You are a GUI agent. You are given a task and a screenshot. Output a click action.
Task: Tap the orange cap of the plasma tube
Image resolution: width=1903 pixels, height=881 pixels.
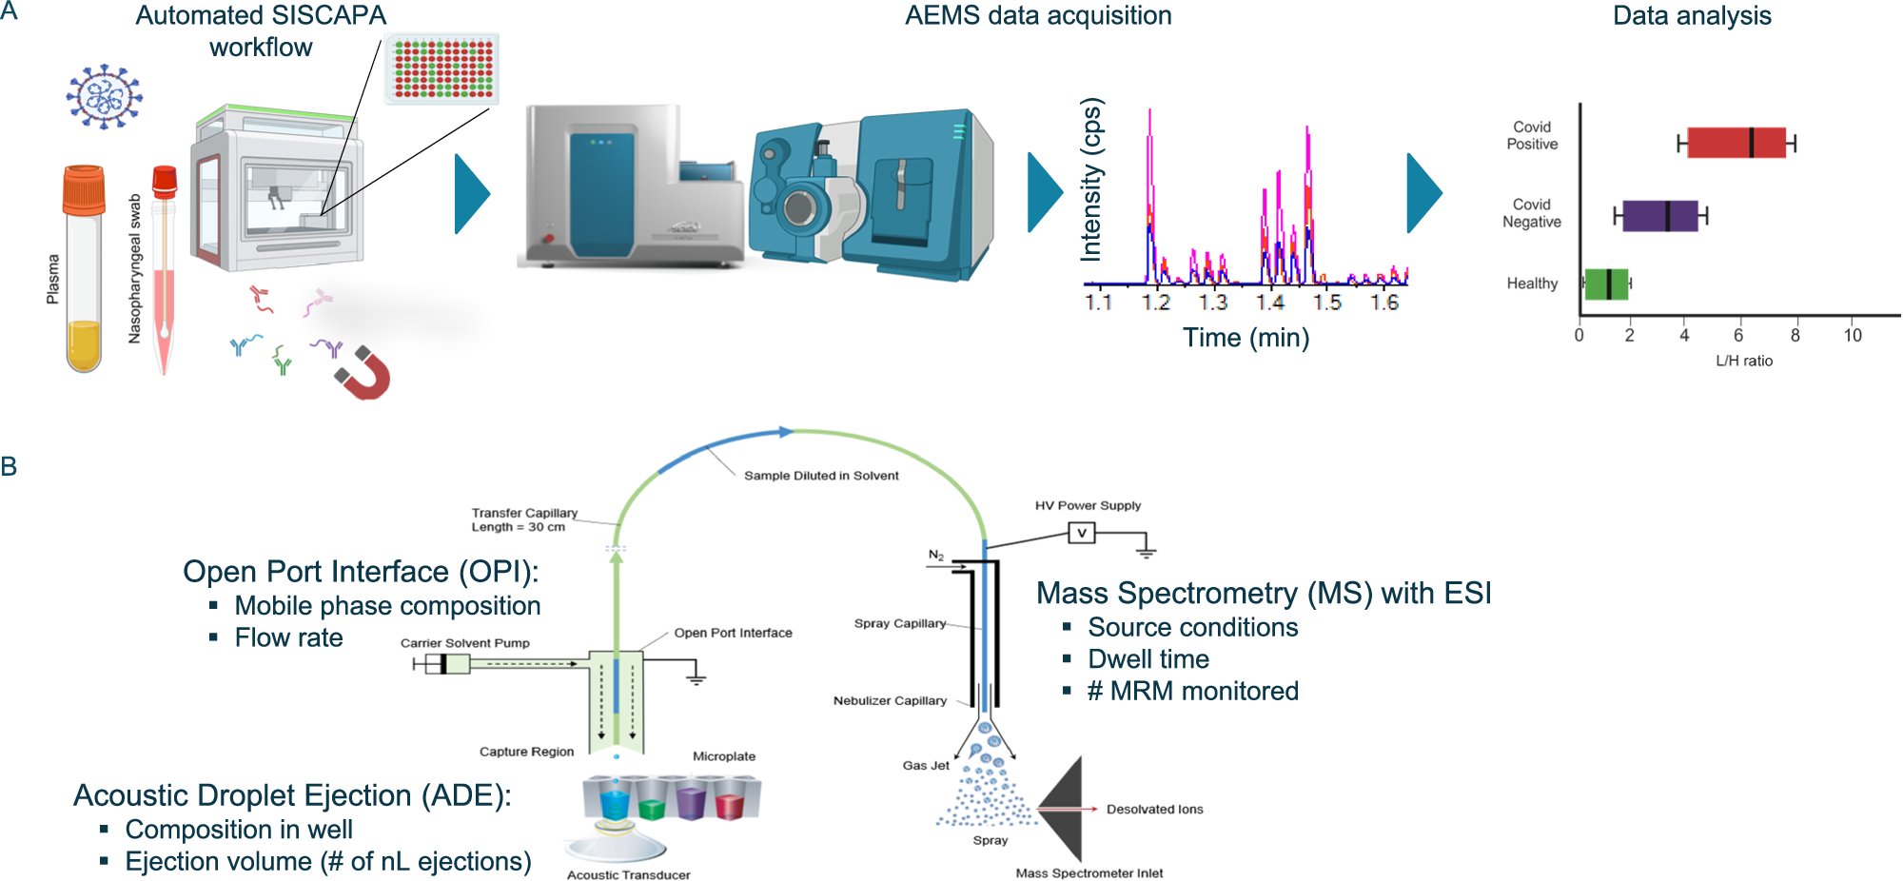(84, 188)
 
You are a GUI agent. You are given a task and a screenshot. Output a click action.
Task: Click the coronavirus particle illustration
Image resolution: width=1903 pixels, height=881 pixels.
(104, 96)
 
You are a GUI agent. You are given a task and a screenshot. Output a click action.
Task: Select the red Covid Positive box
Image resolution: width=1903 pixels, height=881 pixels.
(1736, 143)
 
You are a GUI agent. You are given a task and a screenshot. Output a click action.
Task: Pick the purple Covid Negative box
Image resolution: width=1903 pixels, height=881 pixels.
(1659, 216)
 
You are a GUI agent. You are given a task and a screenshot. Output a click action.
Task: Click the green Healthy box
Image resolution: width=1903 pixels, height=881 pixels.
(1606, 284)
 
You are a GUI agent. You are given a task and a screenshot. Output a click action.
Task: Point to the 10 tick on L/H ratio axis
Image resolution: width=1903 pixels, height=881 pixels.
(1853, 335)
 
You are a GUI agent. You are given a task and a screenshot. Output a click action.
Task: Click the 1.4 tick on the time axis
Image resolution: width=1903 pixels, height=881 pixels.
(1270, 302)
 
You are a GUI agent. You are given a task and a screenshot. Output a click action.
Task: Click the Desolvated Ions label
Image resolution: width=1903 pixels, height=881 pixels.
(1154, 810)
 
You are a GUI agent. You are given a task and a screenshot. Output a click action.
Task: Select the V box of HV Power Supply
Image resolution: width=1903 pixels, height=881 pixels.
(1081, 533)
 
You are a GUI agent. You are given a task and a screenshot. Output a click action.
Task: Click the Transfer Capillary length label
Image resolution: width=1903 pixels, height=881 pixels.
(524, 519)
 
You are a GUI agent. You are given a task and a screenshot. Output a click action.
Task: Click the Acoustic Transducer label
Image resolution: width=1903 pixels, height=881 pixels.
(628, 874)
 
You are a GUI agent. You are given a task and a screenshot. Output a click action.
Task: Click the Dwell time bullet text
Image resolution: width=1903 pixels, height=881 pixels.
(1148, 659)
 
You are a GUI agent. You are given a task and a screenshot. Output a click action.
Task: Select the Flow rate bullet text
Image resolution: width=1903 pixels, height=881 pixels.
(288, 637)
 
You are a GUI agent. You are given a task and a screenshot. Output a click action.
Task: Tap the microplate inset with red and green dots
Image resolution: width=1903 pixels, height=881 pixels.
(442, 69)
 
